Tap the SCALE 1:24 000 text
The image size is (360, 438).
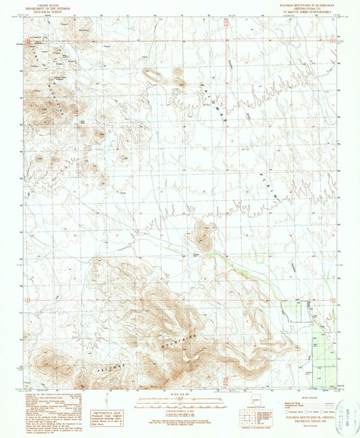180,393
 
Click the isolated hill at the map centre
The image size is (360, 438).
202,236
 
